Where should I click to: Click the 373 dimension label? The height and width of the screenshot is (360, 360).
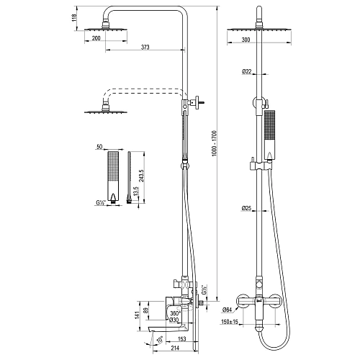[145, 47]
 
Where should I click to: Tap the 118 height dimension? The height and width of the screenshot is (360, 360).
[74, 18]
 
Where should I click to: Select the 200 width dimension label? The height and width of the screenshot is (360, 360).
[96, 38]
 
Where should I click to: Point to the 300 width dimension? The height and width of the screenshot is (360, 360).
[246, 40]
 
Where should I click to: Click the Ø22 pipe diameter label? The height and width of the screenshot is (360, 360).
[246, 71]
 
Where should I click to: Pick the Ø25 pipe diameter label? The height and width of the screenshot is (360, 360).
[246, 208]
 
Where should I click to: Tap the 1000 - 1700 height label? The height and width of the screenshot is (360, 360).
[214, 143]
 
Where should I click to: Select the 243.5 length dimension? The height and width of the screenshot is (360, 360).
[141, 176]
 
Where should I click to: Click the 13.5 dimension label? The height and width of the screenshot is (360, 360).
[136, 192]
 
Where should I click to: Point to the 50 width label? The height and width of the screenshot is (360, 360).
[99, 147]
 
